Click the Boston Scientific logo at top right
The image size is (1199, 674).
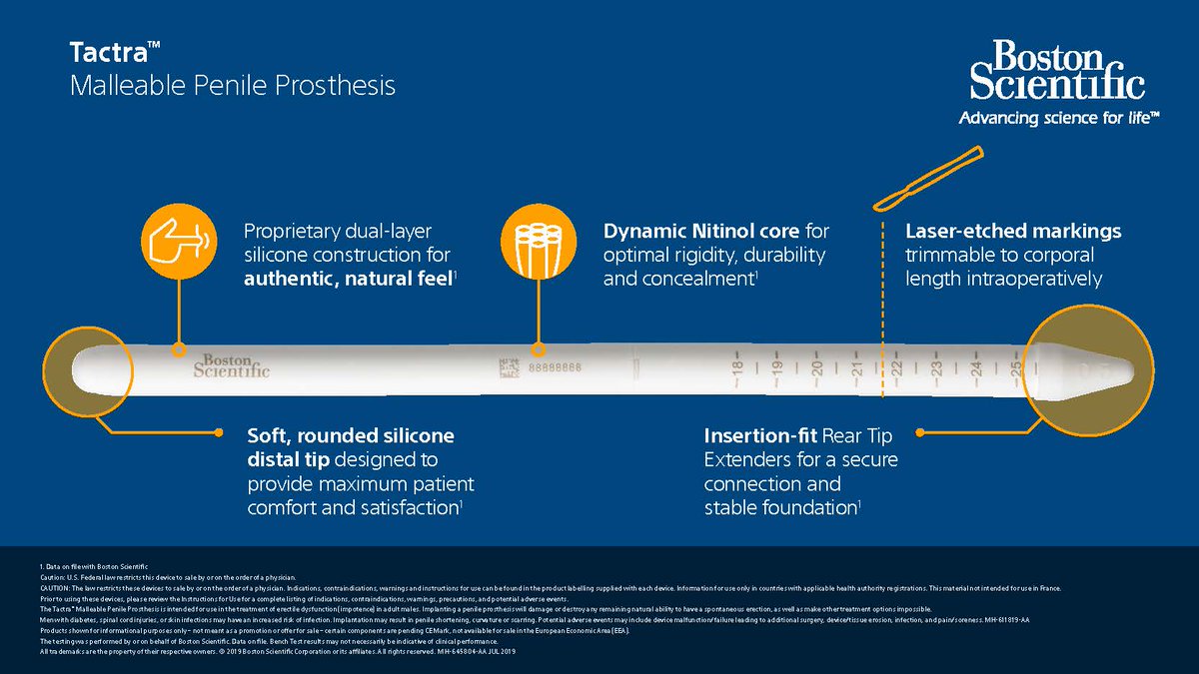[1058, 69]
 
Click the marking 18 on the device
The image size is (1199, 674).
[736, 368]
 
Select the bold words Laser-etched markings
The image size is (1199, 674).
[1013, 232]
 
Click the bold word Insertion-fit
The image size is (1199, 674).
[760, 436]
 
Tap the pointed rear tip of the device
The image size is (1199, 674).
[1119, 368]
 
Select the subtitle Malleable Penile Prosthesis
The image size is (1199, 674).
[232, 86]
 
